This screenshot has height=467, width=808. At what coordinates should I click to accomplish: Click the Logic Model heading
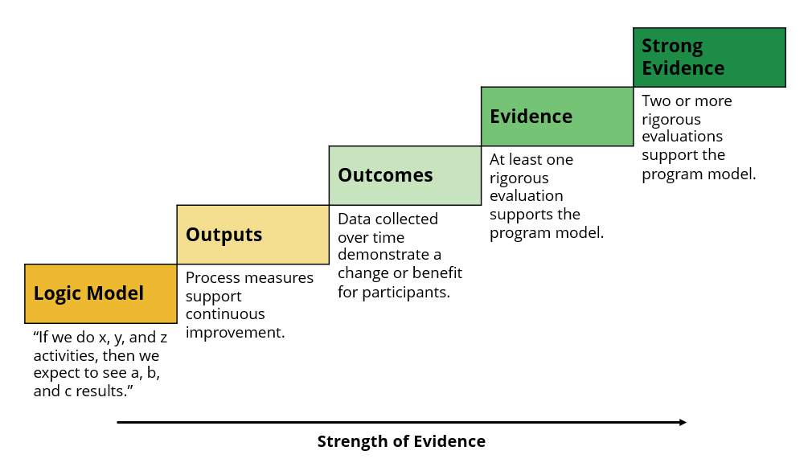point(88,293)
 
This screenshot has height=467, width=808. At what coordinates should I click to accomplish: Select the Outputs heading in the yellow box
point(224,235)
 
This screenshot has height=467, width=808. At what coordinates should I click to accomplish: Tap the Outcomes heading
point(385,175)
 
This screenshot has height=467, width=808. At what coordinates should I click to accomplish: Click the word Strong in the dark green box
point(672,47)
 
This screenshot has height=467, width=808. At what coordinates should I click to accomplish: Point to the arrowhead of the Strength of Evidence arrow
point(683,422)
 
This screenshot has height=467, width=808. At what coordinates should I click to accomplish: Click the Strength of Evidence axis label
point(401,441)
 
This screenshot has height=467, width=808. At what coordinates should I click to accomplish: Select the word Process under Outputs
point(211,278)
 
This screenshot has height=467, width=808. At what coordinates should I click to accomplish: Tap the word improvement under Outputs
point(235,333)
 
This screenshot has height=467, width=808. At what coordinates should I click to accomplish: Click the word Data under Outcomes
point(354,219)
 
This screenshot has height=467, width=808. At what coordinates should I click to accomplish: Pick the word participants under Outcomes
point(406,293)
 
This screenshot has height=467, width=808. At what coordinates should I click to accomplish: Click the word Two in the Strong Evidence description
point(656,101)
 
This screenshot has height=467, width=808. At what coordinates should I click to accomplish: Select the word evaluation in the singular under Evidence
point(526,196)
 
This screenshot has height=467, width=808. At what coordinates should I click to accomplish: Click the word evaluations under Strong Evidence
point(683,137)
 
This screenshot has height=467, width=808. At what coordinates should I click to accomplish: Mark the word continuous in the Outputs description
point(225,314)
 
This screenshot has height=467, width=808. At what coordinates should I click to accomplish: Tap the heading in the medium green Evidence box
point(531,117)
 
